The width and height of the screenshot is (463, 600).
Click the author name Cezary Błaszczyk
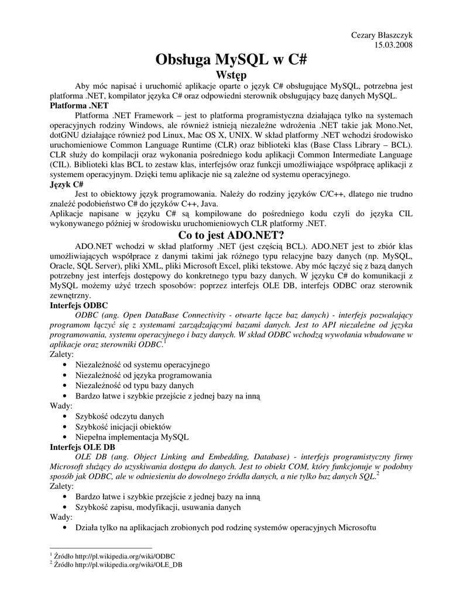[x=382, y=36]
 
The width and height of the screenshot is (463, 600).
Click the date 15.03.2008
[x=394, y=46]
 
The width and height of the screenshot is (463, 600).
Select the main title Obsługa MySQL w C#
[x=231, y=60]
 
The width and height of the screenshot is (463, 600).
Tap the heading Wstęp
[x=231, y=76]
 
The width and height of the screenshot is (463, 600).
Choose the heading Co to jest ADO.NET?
[x=231, y=236]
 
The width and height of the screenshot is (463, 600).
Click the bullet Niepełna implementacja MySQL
[x=132, y=437]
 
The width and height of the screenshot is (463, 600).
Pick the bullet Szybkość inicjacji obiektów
[x=124, y=427]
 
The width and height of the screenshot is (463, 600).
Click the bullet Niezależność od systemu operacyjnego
[x=142, y=364]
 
